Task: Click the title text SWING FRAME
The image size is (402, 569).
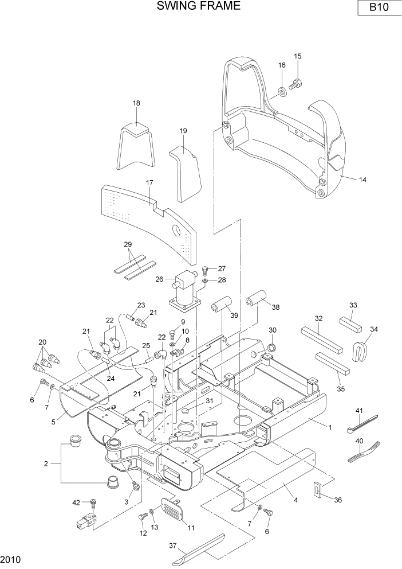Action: coord(190,6)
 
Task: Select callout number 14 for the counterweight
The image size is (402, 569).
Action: coord(362,180)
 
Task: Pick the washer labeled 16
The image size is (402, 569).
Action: coord(282,91)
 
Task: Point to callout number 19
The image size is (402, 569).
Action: coord(183,131)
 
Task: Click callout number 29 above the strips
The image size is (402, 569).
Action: coord(128,244)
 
